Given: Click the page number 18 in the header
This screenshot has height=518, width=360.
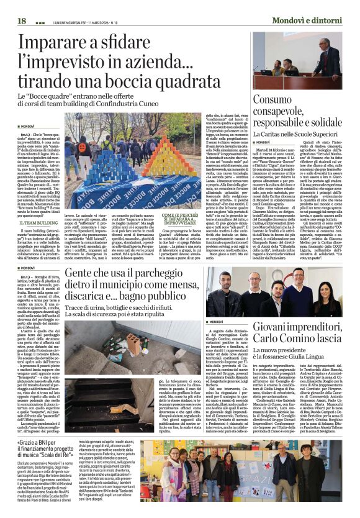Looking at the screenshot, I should pos(22,20).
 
